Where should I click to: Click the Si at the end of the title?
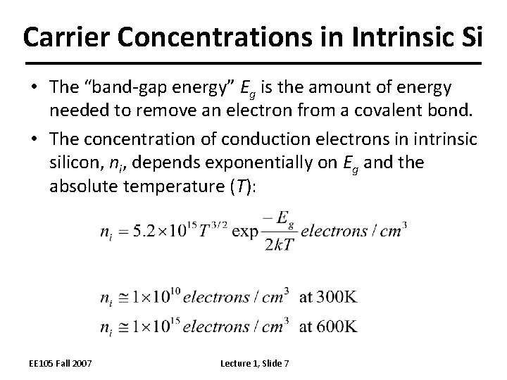(470, 37)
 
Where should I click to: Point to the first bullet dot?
(35, 88)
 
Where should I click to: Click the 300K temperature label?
(328, 297)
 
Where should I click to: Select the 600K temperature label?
(328, 326)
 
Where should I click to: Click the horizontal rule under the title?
(254, 63)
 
